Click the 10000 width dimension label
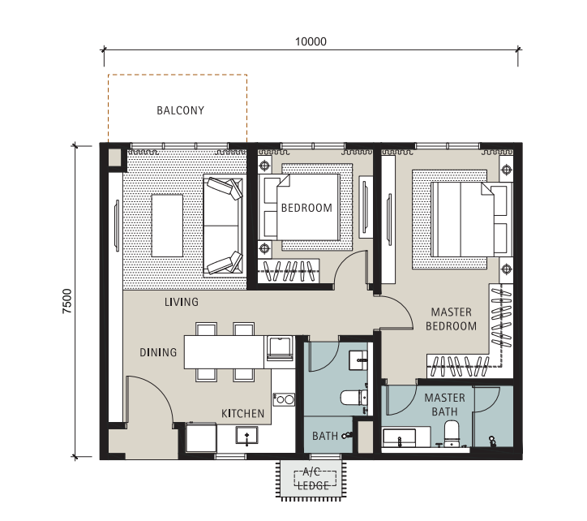coord(311,41)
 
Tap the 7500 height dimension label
coord(67,301)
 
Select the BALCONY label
coord(181,110)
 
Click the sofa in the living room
coord(223,226)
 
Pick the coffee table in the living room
coord(167,226)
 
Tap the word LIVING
coord(182,302)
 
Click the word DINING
coord(158,352)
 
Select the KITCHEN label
coord(243,413)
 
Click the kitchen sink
coord(246,436)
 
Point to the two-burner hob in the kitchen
coord(284,399)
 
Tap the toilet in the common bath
coord(353,398)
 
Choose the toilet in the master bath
coord(452,433)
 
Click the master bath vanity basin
coord(399,438)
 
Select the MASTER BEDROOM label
coord(451,319)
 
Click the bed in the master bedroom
coord(472,220)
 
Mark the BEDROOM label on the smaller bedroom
coord(306,208)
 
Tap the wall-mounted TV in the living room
coord(117,226)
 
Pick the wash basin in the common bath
coord(358,360)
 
